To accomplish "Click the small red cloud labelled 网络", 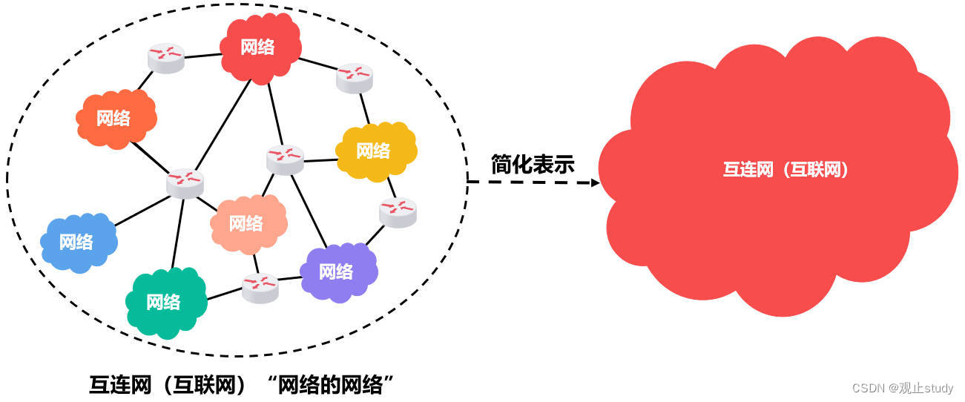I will click(x=259, y=47).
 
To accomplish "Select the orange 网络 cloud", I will click(x=114, y=118).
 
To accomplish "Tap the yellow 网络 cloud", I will click(x=374, y=151).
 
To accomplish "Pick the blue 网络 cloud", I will click(x=77, y=242).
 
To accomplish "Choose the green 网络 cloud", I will click(x=164, y=302).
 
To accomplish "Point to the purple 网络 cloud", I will click(x=337, y=271).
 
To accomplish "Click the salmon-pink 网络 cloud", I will click(x=246, y=223).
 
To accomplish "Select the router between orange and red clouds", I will click(x=165, y=58).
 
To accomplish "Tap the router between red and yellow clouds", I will click(x=354, y=77).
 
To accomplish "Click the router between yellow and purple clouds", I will click(x=398, y=211).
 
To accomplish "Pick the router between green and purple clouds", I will click(x=260, y=286).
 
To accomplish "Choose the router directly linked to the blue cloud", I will click(x=185, y=182).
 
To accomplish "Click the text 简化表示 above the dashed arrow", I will click(x=533, y=165).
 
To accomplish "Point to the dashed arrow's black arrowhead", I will click(x=594, y=182).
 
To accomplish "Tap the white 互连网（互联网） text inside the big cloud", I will click(x=785, y=170).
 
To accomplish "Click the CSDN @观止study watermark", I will click(x=902, y=388).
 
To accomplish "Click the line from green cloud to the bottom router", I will click(x=224, y=293).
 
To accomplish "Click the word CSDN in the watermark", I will click(x=865, y=388).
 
